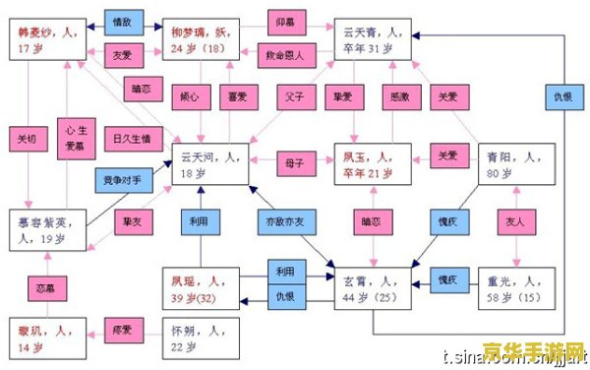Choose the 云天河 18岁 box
tap(210, 163)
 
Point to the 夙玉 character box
tap(375, 163)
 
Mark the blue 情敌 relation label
tap(123, 19)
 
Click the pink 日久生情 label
tap(132, 140)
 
